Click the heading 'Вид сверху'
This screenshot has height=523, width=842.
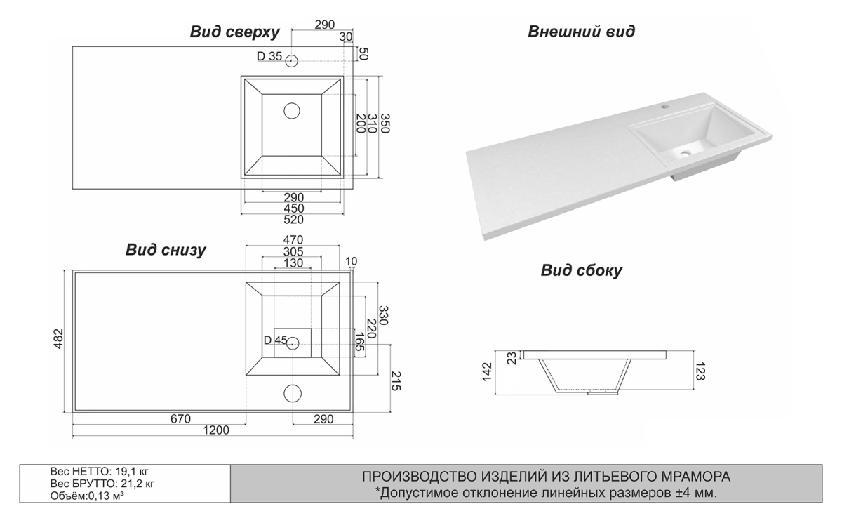pyautogui.click(x=235, y=32)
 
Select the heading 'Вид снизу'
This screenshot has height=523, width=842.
pyautogui.click(x=166, y=251)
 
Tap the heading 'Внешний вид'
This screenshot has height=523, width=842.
pyautogui.click(x=582, y=32)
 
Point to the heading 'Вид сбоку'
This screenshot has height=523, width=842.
pyautogui.click(x=581, y=271)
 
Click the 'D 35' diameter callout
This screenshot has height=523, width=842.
pyautogui.click(x=269, y=57)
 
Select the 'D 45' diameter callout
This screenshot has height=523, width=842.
pyautogui.click(x=275, y=340)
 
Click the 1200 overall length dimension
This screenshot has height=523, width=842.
pyautogui.click(x=216, y=431)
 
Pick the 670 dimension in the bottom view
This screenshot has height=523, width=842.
pyautogui.click(x=180, y=419)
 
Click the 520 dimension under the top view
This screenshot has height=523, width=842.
pyautogui.click(x=293, y=220)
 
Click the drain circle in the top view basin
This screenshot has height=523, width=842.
pyautogui.click(x=292, y=110)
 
